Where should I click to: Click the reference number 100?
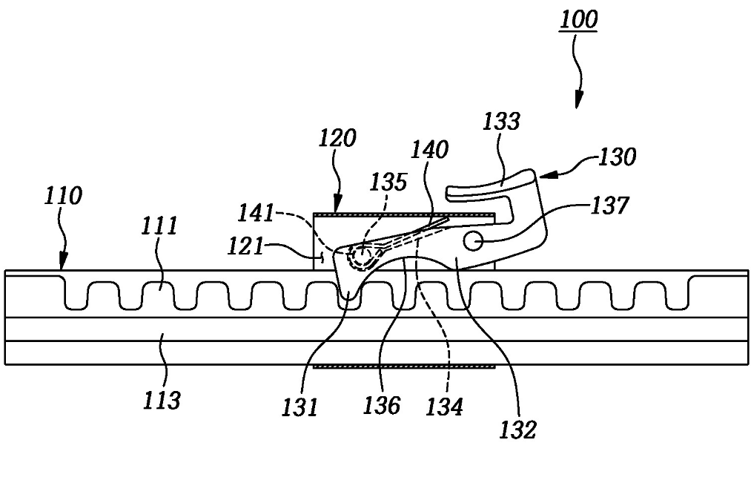point(578,19)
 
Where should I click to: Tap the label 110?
point(63,196)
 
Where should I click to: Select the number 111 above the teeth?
point(159,226)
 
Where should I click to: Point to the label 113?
point(162,400)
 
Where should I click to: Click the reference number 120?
point(337,138)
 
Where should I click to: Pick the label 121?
point(245,247)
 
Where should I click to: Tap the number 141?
point(257,213)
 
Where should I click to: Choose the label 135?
point(388,182)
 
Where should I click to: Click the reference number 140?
point(430,150)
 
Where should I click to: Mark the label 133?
point(501,121)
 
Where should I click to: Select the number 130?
point(618,157)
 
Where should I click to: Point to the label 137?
point(609,206)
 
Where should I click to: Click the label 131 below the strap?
point(300,407)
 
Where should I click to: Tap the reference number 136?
point(381,405)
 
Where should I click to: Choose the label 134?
point(445,407)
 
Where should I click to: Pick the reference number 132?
point(517,430)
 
